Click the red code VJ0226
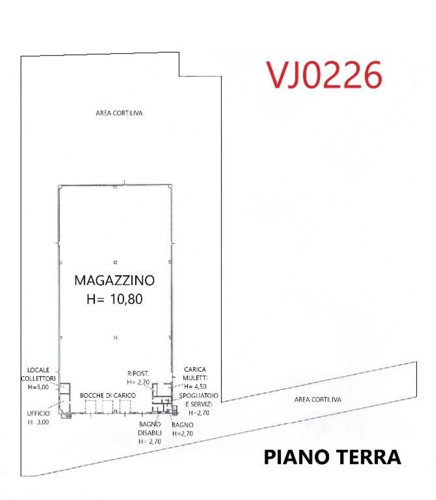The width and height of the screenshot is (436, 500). click(x=324, y=75)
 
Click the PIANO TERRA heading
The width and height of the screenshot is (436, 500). click(x=332, y=457)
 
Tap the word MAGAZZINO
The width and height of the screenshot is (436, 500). click(x=114, y=280)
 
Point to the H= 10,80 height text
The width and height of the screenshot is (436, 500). click(x=115, y=299)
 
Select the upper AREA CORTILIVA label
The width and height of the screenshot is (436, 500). click(x=119, y=113)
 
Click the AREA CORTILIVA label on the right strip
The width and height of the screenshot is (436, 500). click(x=317, y=400)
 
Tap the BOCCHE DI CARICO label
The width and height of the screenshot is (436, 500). click(x=108, y=396)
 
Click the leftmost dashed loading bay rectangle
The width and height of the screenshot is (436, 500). click(x=90, y=406)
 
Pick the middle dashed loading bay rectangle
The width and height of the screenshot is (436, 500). click(x=108, y=406)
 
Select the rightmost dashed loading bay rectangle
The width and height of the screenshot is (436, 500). click(x=125, y=406)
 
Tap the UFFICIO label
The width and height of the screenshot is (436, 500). click(x=38, y=413)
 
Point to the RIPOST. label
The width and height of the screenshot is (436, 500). click(x=138, y=373)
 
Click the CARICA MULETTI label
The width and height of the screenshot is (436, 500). click(x=195, y=373)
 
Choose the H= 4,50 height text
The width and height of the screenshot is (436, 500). click(x=195, y=387)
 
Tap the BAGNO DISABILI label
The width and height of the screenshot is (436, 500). click(x=150, y=428)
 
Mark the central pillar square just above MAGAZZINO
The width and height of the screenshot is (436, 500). click(x=115, y=262)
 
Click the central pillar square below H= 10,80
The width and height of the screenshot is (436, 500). click(x=115, y=338)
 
